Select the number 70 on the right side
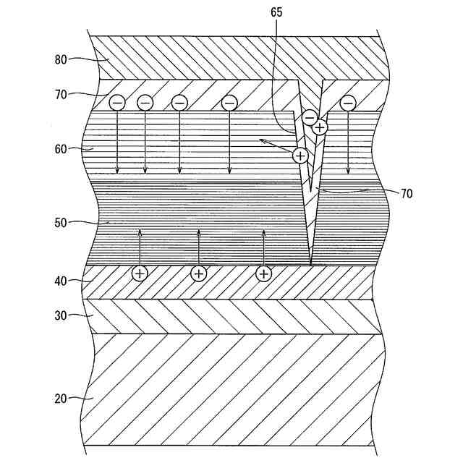pos(407,193)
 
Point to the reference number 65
pos(276,13)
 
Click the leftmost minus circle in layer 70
pos(117,103)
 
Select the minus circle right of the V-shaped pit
pos(347,103)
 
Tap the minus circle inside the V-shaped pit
pos(310,116)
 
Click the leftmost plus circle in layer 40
pos(139,273)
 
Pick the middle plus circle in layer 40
pos(198,273)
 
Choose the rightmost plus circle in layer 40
pos(263,273)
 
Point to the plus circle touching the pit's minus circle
pos(320,127)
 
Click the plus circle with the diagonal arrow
pos(300,154)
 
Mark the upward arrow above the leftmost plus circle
pos(140,247)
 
